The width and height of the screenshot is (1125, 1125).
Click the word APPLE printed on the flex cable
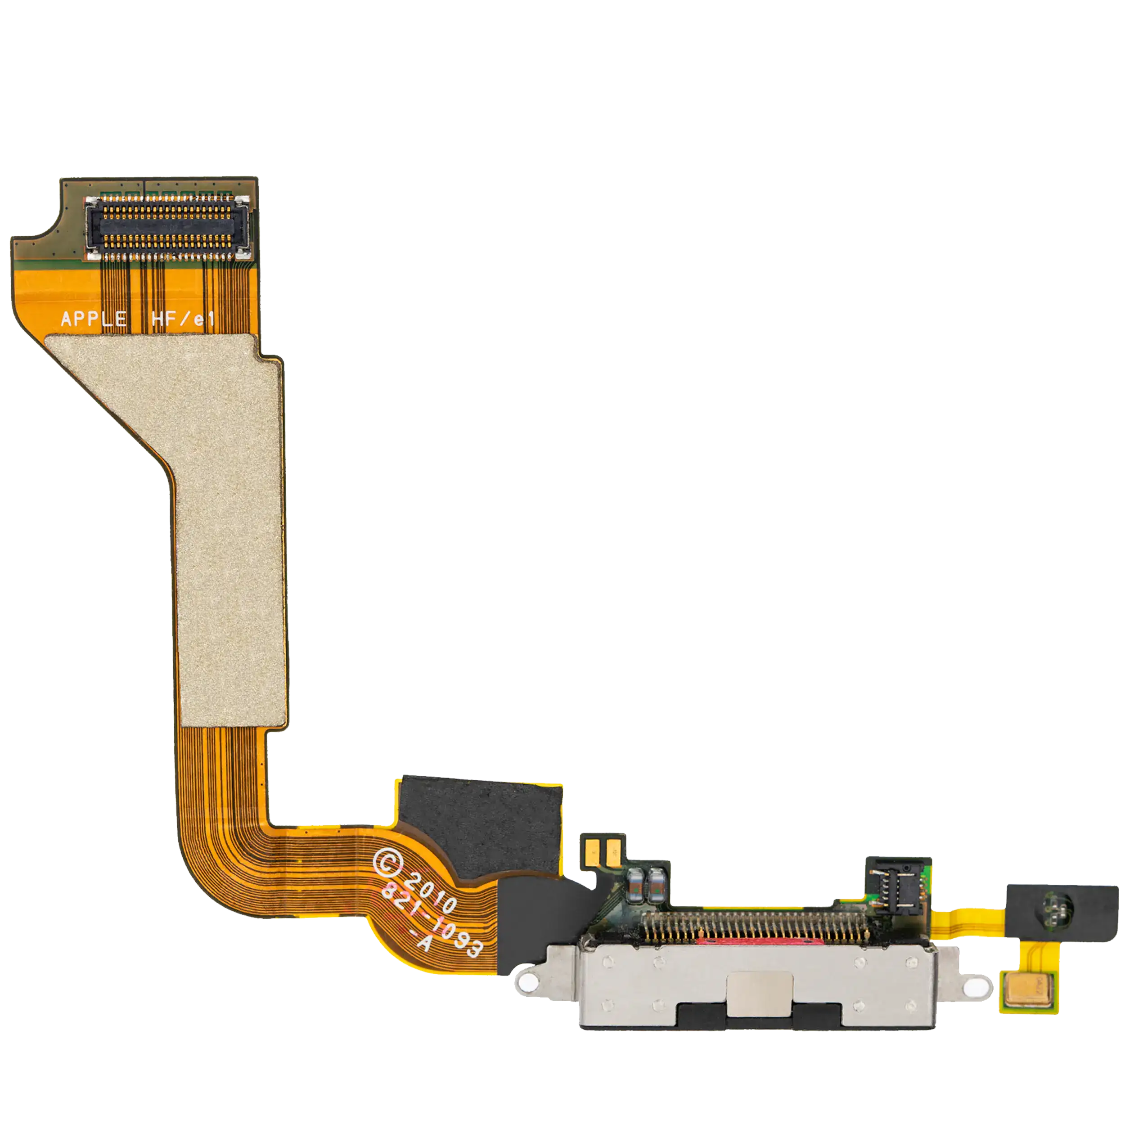[94, 318]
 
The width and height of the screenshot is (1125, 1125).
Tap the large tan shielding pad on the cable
[192, 513]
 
